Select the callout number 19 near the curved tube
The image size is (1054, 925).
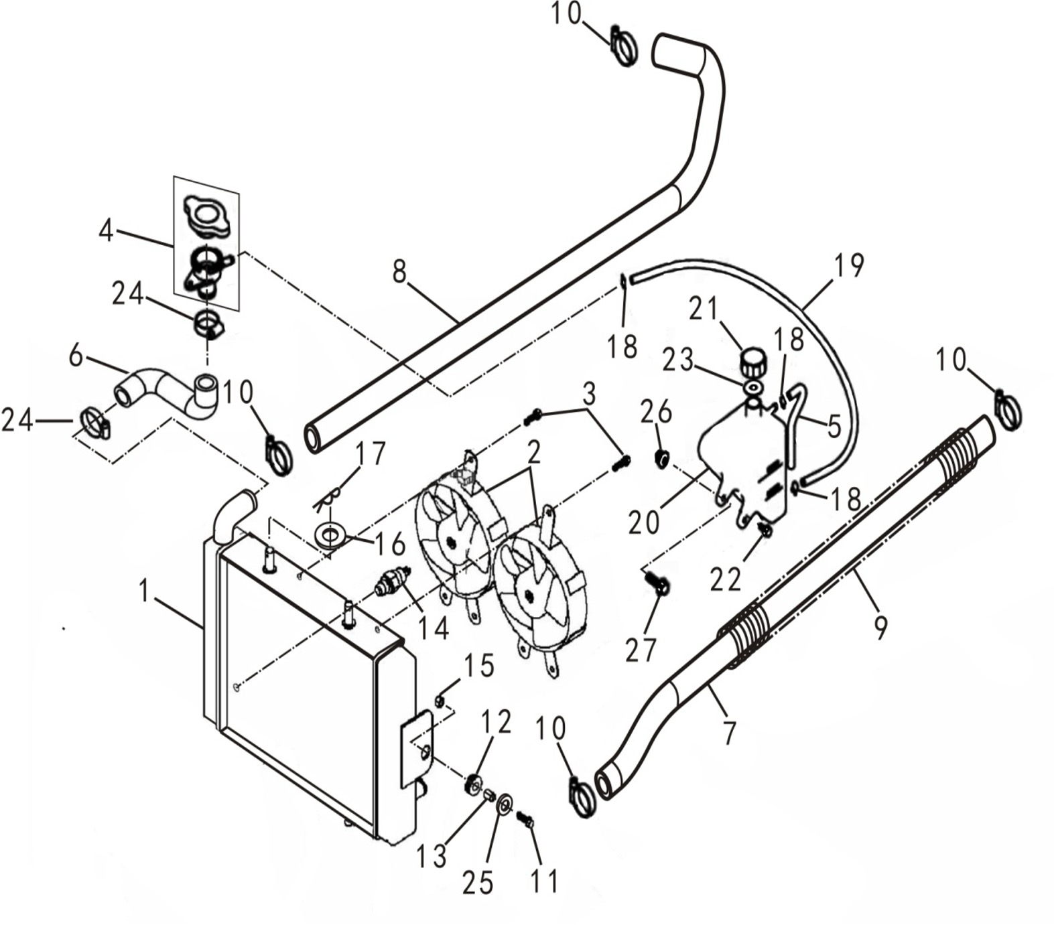pyautogui.click(x=848, y=265)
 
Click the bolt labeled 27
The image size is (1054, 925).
pyautogui.click(x=657, y=585)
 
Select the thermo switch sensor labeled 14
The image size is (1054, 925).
pyautogui.click(x=391, y=579)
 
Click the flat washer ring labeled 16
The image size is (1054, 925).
pyautogui.click(x=330, y=536)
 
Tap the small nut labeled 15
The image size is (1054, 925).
pyautogui.click(x=440, y=701)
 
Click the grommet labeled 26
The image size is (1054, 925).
pyautogui.click(x=661, y=459)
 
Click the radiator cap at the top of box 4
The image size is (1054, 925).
pyautogui.click(x=208, y=216)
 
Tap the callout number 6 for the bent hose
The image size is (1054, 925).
pyautogui.click(x=76, y=355)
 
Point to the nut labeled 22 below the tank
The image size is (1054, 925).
pyautogui.click(x=765, y=530)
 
